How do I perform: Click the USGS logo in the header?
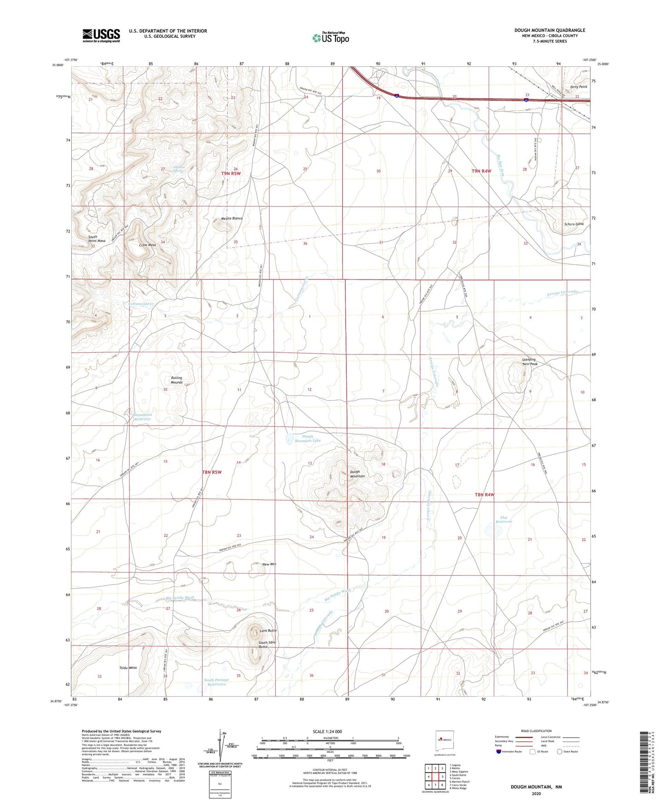click(101, 35)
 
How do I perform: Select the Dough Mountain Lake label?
click(307, 438)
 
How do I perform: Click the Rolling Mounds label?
click(177, 380)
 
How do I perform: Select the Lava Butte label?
click(268, 631)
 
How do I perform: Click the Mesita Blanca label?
click(231, 218)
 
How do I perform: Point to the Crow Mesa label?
click(148, 245)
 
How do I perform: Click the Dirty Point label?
click(578, 86)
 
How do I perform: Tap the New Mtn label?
click(269, 564)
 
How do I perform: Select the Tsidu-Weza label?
click(128, 667)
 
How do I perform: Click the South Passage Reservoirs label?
click(216, 682)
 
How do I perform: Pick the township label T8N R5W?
click(212, 472)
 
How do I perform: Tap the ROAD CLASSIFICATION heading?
click(536, 731)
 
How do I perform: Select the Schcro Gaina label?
click(574, 224)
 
